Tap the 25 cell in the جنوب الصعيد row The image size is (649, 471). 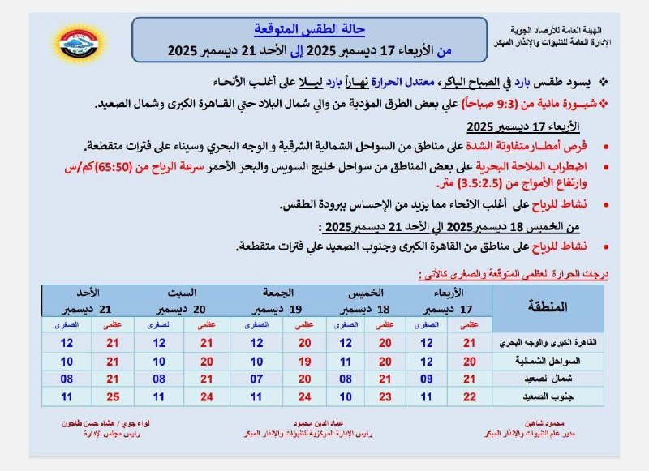[x=111, y=396]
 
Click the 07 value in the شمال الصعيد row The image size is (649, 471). [x=256, y=379]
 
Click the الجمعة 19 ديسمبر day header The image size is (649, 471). [x=279, y=300]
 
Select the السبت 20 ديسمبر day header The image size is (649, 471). [x=184, y=300]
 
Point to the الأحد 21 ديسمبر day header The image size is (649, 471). [x=92, y=300]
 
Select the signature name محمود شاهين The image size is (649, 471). [x=540, y=424]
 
